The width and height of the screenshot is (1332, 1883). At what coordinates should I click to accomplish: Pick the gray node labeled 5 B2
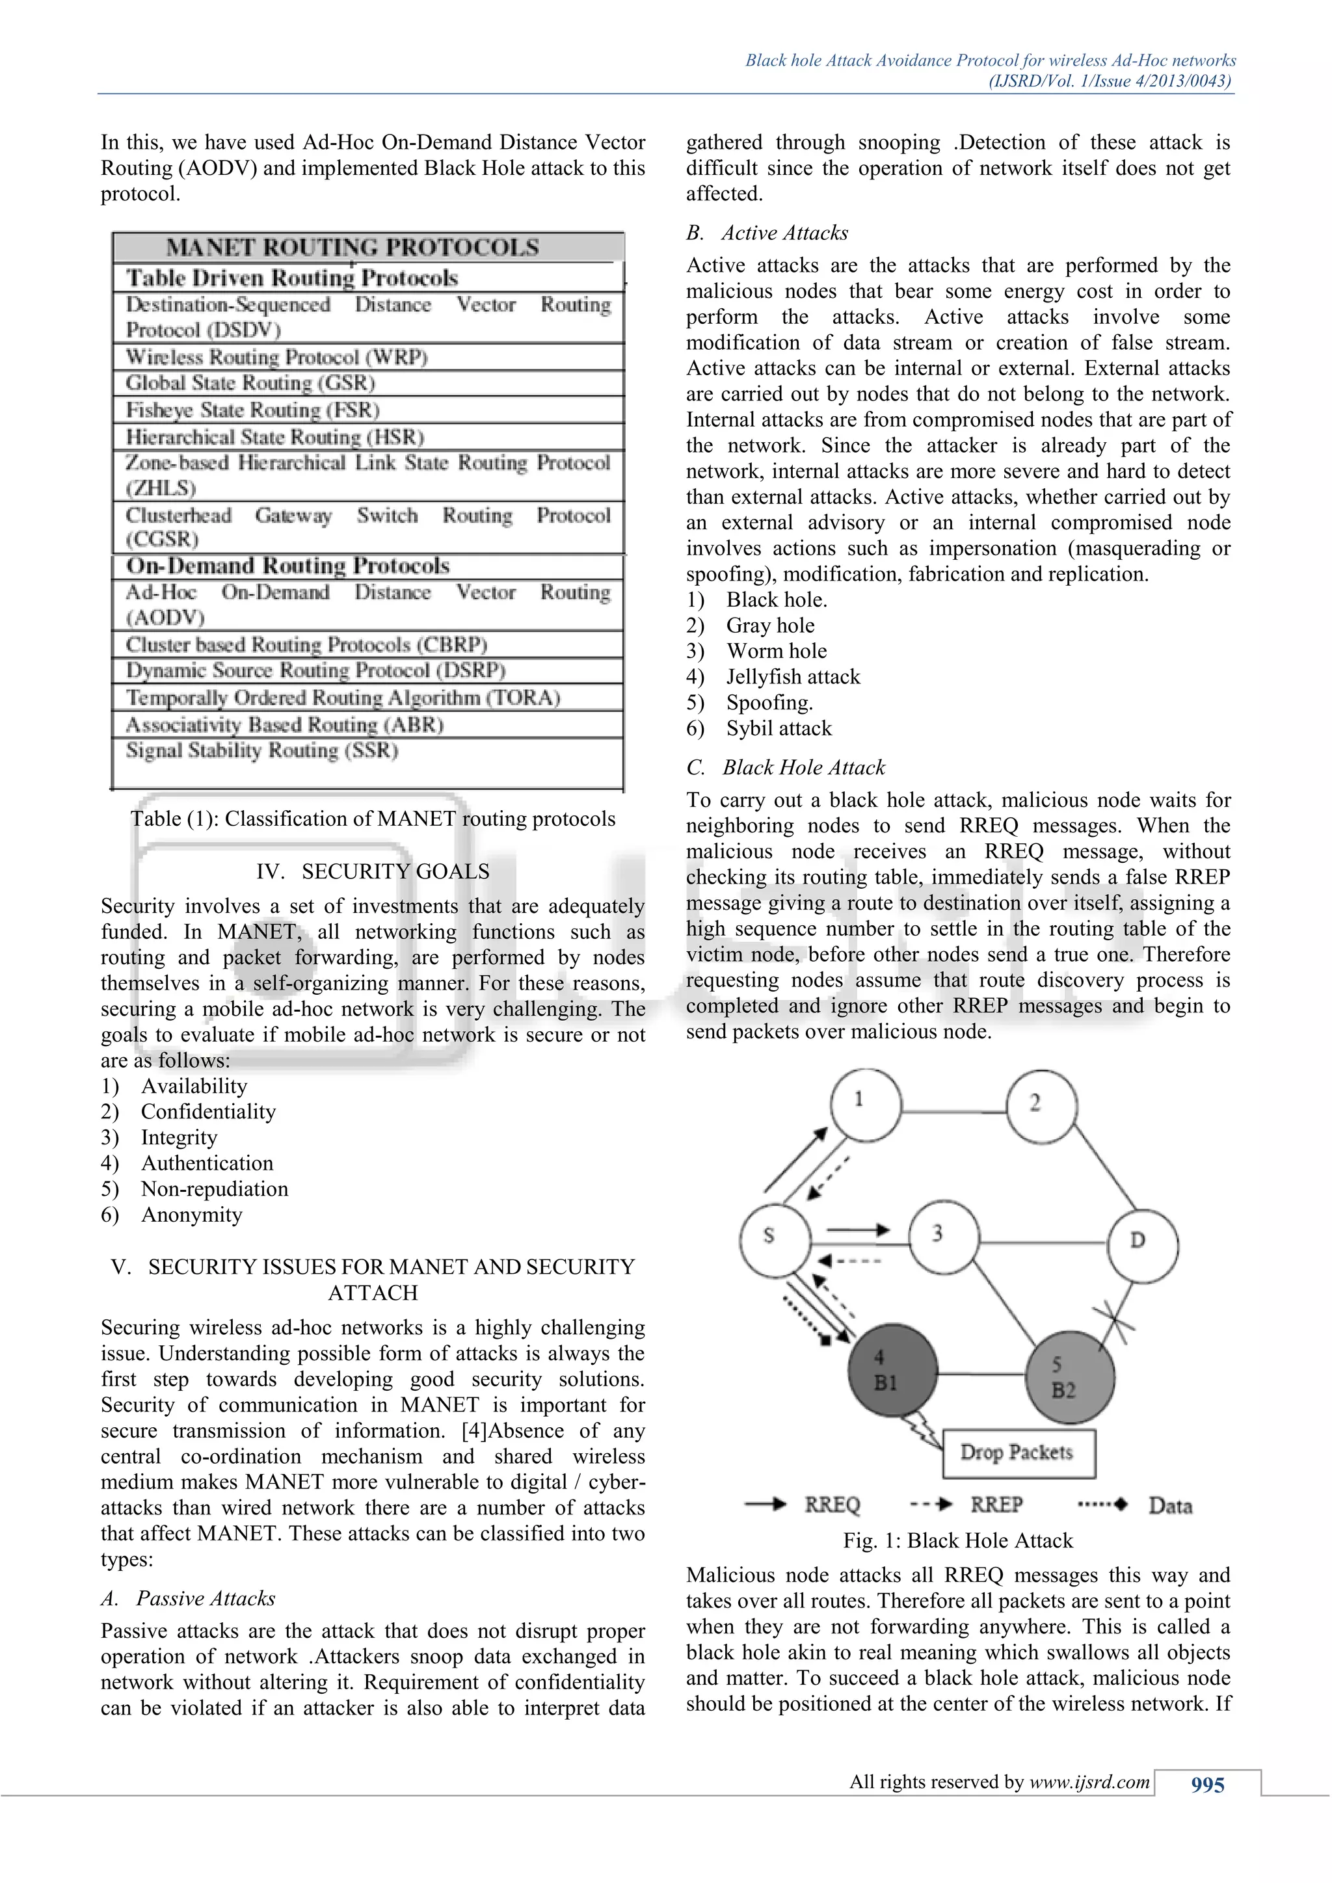click(1069, 1378)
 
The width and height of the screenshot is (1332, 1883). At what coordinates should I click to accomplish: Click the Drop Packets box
click(1018, 1453)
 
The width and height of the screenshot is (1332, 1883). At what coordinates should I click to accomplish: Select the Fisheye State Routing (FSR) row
click(252, 409)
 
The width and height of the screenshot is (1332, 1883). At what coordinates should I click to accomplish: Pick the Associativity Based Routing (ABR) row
click(284, 725)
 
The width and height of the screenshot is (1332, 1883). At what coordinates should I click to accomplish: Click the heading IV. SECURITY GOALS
click(373, 871)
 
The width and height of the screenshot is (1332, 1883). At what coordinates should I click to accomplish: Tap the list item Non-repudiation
click(214, 1189)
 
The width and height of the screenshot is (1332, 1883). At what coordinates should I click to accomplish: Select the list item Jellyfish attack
click(792, 677)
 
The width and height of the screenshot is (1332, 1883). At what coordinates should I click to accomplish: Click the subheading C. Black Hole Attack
click(786, 768)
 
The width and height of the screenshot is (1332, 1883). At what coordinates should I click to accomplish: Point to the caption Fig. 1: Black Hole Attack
click(957, 1540)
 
